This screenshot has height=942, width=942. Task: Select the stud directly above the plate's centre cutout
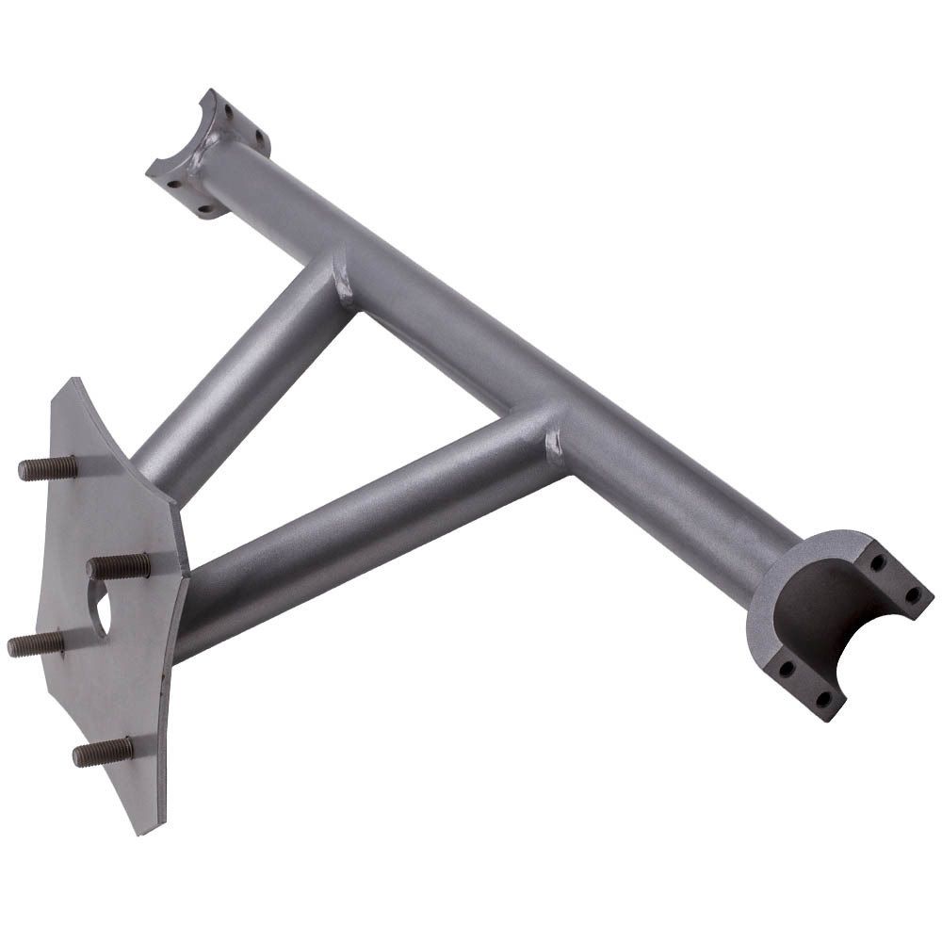point(118,567)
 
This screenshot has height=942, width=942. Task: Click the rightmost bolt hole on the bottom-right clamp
point(911,594)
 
